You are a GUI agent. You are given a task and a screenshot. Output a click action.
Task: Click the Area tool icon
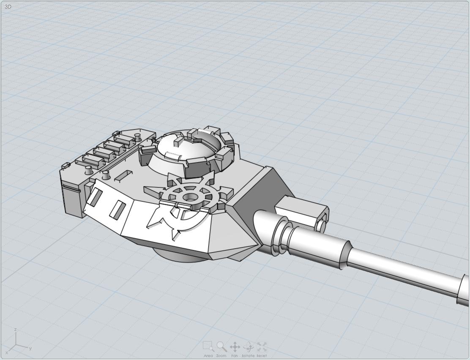pos(208,346)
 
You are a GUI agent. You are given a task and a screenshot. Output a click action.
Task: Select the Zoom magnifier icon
pos(221,346)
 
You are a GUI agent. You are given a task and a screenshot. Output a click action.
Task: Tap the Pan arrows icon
pos(235,347)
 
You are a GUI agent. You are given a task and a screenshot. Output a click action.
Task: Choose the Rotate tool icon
pos(248,347)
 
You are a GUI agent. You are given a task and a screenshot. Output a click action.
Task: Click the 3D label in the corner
pos(8,6)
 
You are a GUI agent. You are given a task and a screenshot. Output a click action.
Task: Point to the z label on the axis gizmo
pos(15,330)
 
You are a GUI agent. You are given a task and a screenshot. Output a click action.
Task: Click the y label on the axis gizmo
pos(30,348)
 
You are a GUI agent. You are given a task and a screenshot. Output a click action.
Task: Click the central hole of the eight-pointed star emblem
pos(190,197)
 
